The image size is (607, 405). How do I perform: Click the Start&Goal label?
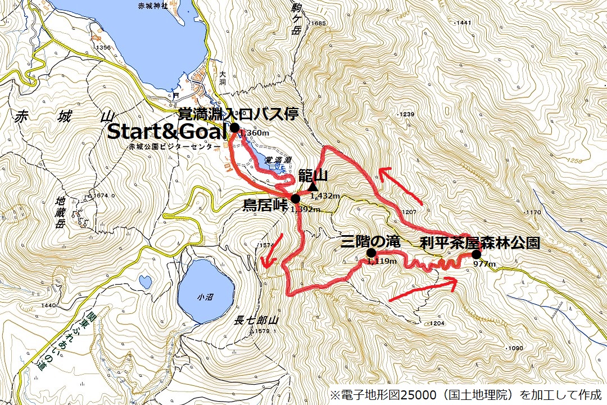167,132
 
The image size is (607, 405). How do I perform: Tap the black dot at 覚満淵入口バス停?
235,128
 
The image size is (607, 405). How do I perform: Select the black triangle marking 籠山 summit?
313,186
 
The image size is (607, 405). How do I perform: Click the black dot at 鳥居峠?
296,198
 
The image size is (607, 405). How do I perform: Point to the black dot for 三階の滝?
371,253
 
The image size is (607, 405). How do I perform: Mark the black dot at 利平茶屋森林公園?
476,253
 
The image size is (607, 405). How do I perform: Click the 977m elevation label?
484,264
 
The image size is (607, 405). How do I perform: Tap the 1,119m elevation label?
381,262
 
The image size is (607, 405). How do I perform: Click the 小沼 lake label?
205,296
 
